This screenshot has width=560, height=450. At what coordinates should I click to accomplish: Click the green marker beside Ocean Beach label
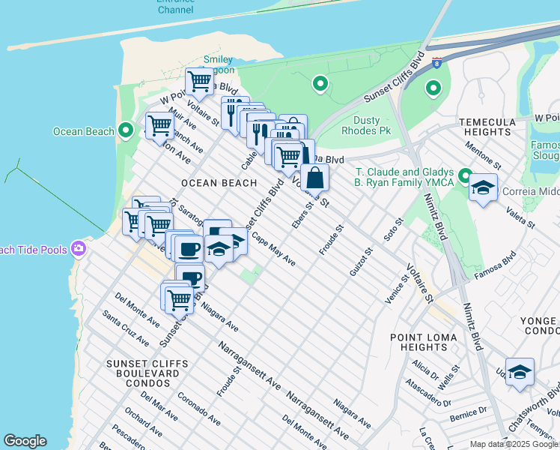[x=127, y=131]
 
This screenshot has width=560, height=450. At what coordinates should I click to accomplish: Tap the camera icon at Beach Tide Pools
[x=79, y=249]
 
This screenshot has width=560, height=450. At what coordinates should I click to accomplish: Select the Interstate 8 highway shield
[x=436, y=66]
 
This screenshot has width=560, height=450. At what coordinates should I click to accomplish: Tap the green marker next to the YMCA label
[x=465, y=178]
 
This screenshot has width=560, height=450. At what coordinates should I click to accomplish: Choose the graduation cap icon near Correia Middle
[x=483, y=187]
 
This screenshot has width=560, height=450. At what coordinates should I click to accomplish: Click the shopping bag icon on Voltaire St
[x=315, y=178]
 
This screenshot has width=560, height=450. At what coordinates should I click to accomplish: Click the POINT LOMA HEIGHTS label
[x=424, y=342]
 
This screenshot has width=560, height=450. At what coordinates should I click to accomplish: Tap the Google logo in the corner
[x=25, y=441]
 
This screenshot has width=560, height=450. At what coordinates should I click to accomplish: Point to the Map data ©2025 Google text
[x=514, y=444]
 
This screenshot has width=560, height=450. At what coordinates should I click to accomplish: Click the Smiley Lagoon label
[x=219, y=65]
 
